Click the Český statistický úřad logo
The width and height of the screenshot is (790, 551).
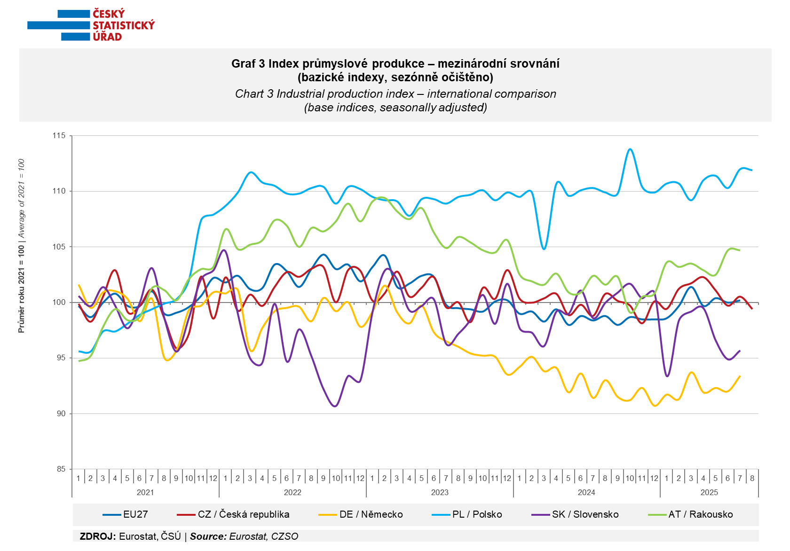point(91,25)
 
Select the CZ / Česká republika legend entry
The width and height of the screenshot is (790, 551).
point(233,514)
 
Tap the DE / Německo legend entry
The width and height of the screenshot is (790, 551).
point(361,514)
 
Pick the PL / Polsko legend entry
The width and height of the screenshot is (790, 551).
point(467,514)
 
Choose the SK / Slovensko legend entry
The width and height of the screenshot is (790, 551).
point(575,514)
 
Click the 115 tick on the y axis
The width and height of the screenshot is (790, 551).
point(59,136)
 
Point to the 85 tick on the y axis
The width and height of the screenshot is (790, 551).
point(61,469)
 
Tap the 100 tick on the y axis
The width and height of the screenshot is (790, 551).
point(59,302)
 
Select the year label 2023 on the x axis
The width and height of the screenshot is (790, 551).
point(440,492)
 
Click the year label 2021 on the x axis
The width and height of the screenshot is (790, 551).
point(145,492)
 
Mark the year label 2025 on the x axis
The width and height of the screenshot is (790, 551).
point(709,492)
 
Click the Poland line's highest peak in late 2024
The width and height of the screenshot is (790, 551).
point(630,149)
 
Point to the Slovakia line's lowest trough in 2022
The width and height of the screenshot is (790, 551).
point(335,406)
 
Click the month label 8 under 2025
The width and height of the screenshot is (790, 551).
point(752,478)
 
